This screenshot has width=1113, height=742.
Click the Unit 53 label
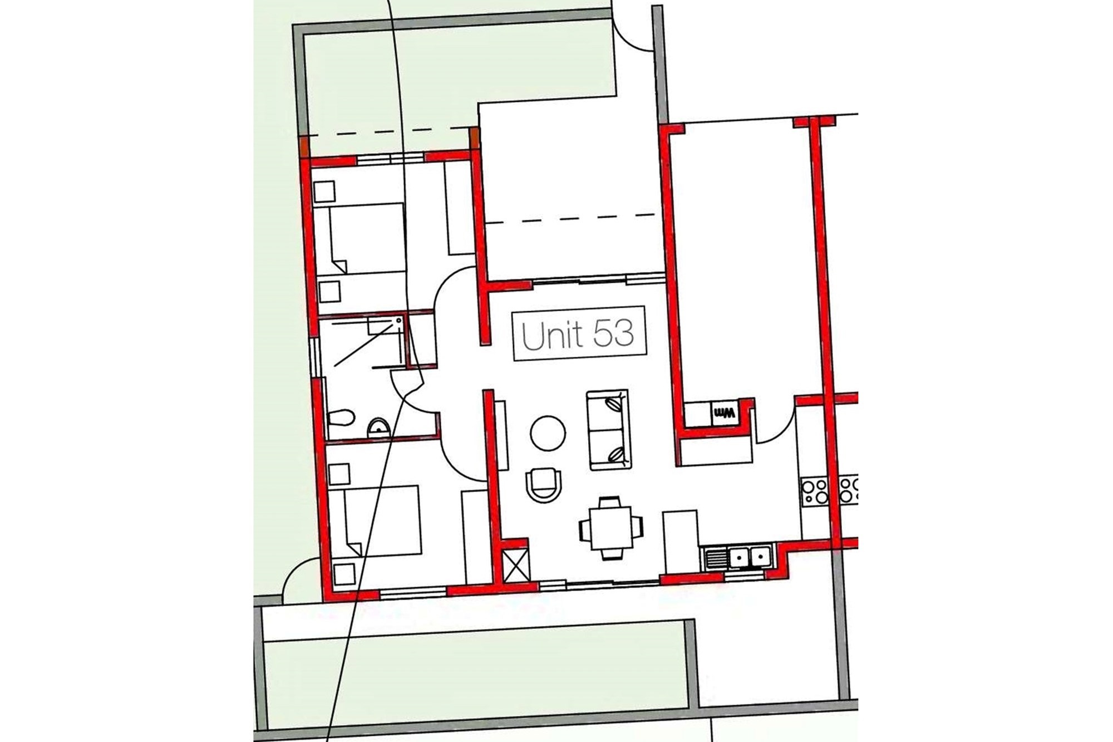(579, 333)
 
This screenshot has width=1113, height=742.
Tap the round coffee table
(548, 434)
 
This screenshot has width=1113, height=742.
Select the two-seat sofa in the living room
(608, 430)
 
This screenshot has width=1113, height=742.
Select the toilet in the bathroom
(341, 417)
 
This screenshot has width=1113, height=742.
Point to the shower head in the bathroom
(399, 322)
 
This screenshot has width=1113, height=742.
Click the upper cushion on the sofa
(614, 404)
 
